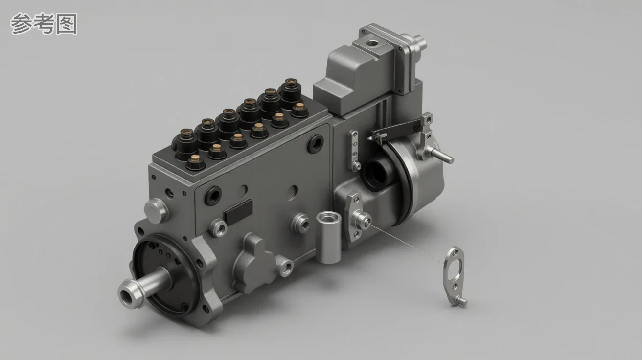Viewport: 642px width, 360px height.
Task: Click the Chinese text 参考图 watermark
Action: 44,24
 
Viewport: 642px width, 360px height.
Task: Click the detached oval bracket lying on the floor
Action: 455,277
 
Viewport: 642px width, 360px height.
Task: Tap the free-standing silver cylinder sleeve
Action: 328,237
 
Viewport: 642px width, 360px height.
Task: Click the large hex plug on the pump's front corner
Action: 156,210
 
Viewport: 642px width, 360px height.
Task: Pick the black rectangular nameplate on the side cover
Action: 238,212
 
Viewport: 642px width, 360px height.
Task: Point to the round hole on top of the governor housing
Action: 372,44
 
